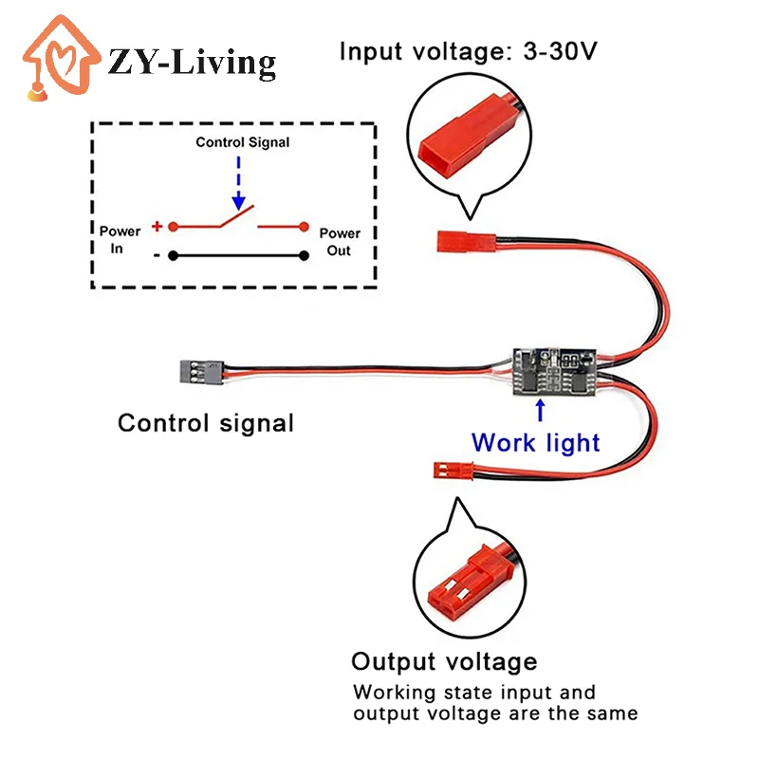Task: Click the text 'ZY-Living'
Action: click(193, 63)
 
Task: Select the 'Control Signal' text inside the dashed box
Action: click(243, 142)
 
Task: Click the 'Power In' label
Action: click(120, 240)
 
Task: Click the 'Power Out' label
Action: click(340, 241)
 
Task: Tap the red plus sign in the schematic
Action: click(157, 227)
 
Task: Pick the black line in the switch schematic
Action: click(237, 255)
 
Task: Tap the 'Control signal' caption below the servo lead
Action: click(206, 423)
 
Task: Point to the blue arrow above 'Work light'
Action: click(541, 411)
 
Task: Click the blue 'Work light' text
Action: click(536, 442)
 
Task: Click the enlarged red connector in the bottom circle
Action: click(462, 581)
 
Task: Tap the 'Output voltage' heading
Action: click(444, 661)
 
